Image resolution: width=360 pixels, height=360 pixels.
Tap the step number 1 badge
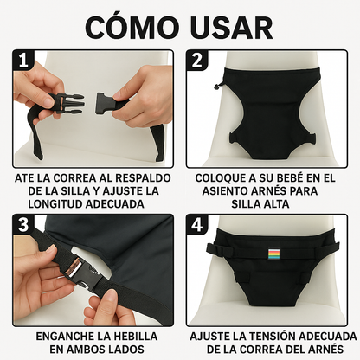tap(22, 61)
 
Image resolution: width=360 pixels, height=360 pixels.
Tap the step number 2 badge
tap(196, 61)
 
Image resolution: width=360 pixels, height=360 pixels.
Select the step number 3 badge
tap(22, 224)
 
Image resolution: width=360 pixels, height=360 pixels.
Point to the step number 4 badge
tap(196, 224)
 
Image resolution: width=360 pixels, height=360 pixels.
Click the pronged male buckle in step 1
tap(67, 103)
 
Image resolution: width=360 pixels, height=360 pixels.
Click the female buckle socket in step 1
tap(106, 103)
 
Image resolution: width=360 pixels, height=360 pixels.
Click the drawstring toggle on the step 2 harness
tap(217, 85)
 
